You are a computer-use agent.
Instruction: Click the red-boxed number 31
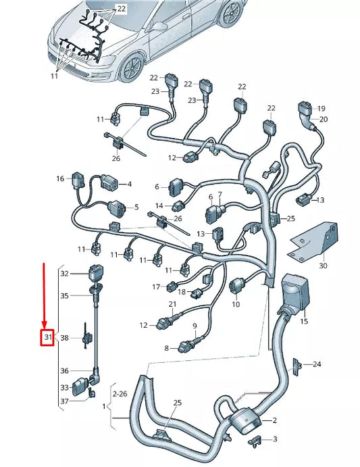[x=47, y=337]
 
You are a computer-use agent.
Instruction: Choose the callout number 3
[x=274, y=439]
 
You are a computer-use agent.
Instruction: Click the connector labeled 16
[x=78, y=179]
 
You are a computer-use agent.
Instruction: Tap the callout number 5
[x=136, y=207]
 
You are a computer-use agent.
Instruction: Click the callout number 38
[x=64, y=337]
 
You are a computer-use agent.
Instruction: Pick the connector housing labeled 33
[x=82, y=387]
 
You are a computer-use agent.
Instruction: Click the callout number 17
[x=155, y=287]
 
